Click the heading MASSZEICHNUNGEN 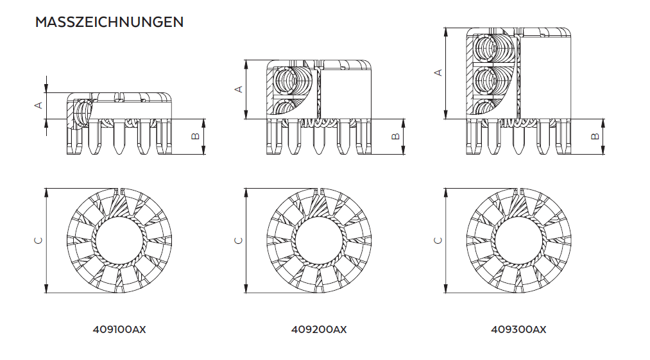tap(109, 22)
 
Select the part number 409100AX tap(120, 329)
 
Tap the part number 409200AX tap(319, 329)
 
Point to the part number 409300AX tap(518, 329)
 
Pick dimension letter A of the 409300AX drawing tap(438, 73)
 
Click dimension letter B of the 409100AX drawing tap(196, 136)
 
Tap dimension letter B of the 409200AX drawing tap(396, 136)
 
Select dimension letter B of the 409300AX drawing tap(595, 136)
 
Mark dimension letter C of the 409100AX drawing tap(38, 241)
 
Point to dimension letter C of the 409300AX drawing tap(438, 241)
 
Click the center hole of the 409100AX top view tap(120, 241)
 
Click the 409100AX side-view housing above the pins tap(128, 108)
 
